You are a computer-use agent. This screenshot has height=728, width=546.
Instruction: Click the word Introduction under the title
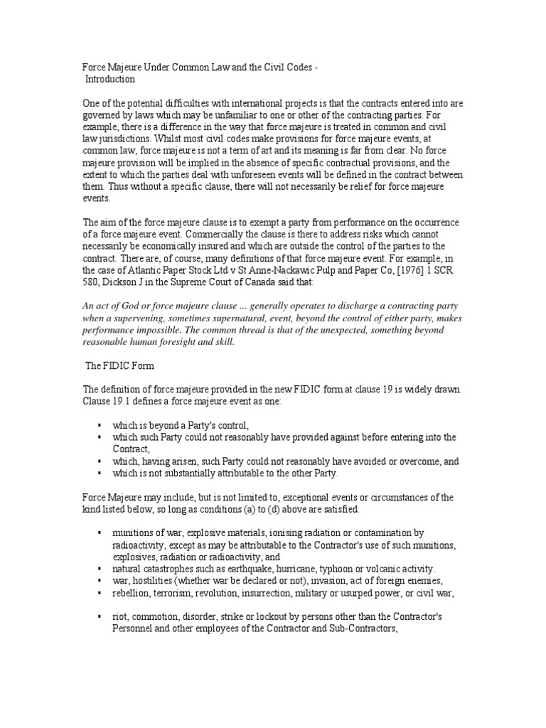coord(111,80)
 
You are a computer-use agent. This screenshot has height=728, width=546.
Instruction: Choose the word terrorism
coord(171,593)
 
